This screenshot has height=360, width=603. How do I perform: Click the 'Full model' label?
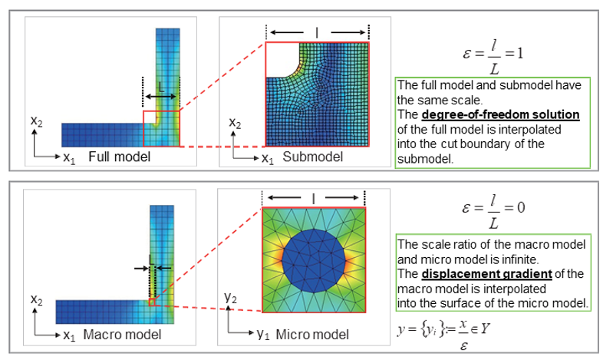pyautogui.click(x=119, y=157)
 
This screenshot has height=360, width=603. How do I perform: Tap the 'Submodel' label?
pyautogui.click(x=313, y=157)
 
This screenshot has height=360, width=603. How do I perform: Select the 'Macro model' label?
pyautogui.click(x=122, y=334)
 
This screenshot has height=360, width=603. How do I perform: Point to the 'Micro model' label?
pyautogui.click(x=312, y=334)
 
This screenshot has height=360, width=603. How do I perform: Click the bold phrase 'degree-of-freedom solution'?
pyautogui.click(x=500, y=114)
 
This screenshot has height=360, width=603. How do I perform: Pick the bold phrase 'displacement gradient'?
pyautogui.click(x=487, y=274)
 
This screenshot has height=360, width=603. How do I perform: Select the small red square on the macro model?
pyautogui.click(x=152, y=302)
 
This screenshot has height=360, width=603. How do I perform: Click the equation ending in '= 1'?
pyautogui.click(x=493, y=57)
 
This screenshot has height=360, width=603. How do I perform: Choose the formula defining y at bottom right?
pyautogui.click(x=443, y=335)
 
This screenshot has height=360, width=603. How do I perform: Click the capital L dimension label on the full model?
pyautogui.click(x=161, y=88)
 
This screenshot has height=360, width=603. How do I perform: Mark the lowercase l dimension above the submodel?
pyautogui.click(x=317, y=33)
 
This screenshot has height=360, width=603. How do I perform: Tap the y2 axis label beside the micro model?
pyautogui.click(x=230, y=298)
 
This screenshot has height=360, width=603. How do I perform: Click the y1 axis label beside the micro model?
pyautogui.click(x=263, y=334)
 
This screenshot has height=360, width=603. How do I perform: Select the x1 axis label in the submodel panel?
pyautogui.click(x=268, y=157)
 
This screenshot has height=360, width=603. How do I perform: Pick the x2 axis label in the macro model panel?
pyautogui.click(x=37, y=299)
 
